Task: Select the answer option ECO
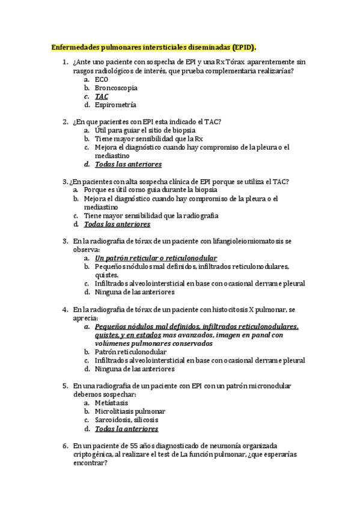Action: pos(102,79)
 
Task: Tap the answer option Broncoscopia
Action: pos(116,87)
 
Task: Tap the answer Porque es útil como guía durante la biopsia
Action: pos(150,189)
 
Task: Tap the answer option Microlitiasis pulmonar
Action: pos(130,411)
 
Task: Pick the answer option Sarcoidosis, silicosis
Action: pos(127,420)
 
